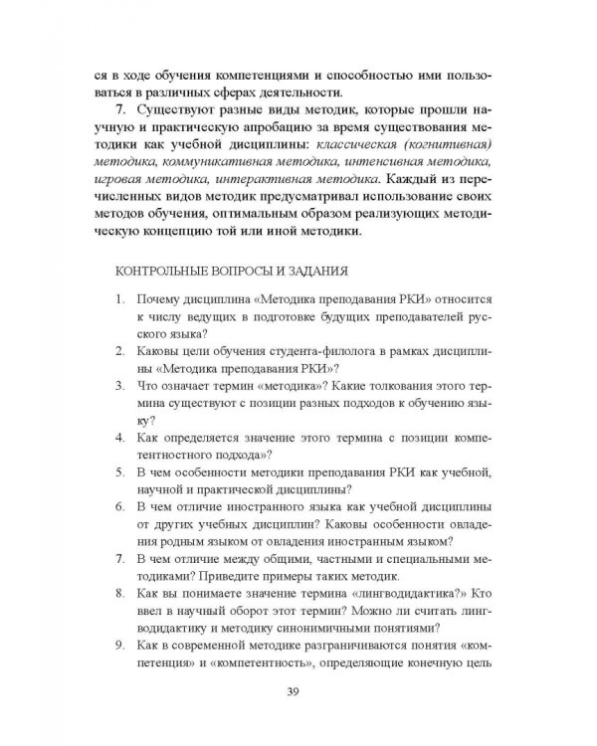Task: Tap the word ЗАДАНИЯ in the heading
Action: (328, 272)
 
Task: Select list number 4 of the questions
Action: (119, 435)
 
